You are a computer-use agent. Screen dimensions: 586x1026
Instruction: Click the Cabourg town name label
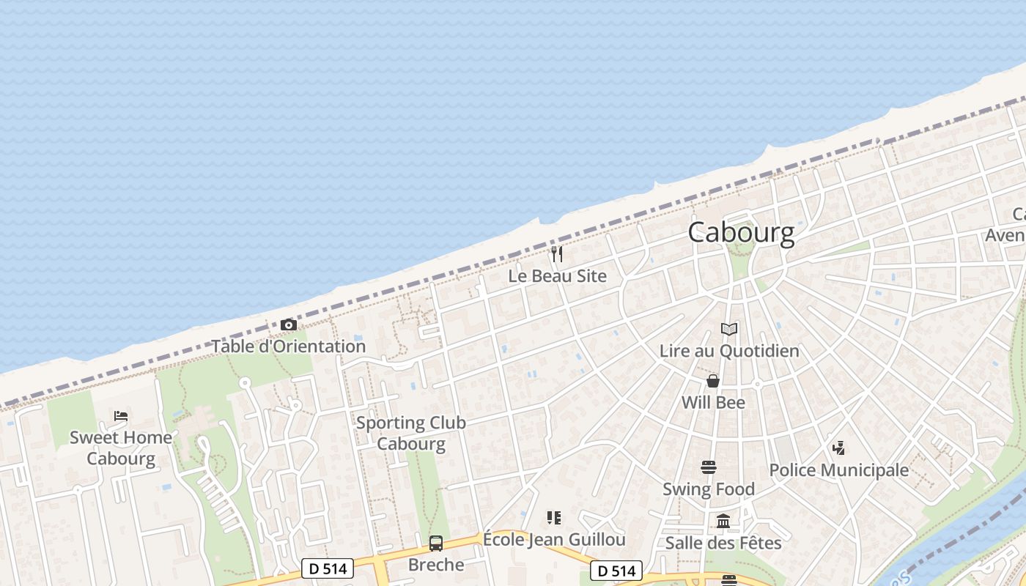point(741,232)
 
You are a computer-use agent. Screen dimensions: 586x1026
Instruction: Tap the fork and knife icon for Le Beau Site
point(557,254)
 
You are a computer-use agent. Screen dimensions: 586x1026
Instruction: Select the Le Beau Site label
point(557,276)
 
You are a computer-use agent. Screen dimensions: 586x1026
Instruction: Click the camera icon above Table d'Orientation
point(289,324)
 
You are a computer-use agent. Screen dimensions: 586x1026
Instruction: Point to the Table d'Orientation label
point(289,346)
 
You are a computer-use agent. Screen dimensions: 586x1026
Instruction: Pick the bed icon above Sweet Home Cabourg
point(121,416)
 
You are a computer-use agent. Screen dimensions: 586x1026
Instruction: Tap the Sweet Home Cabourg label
point(121,448)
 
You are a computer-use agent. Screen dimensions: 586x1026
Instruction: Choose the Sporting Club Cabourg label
point(411,433)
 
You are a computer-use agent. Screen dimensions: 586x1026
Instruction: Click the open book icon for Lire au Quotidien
point(728,329)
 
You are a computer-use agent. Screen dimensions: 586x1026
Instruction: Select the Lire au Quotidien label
point(728,351)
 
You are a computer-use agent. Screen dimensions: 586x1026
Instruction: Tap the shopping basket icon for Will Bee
point(712,381)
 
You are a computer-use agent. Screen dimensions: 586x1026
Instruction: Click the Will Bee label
point(712,402)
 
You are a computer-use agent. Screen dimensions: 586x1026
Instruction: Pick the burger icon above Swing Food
point(708,467)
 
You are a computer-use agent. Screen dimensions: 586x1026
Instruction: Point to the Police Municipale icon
point(838,448)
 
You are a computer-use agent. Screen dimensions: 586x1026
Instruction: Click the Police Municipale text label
point(838,470)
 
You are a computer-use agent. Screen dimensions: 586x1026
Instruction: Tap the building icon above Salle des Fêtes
point(723,521)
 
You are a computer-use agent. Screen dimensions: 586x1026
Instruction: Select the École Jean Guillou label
point(554,540)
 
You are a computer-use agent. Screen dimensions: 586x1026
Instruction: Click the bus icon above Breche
point(436,543)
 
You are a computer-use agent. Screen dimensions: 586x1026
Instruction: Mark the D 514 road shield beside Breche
point(328,568)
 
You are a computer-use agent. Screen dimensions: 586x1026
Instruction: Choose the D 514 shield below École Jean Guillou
point(616,571)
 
